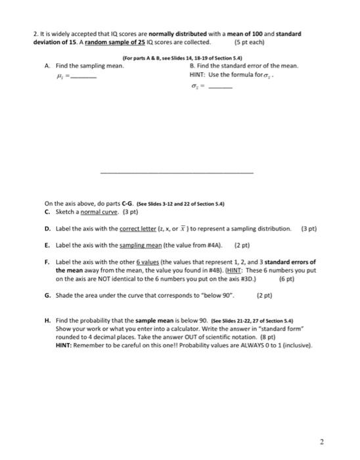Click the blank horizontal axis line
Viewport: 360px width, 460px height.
[175, 172]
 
